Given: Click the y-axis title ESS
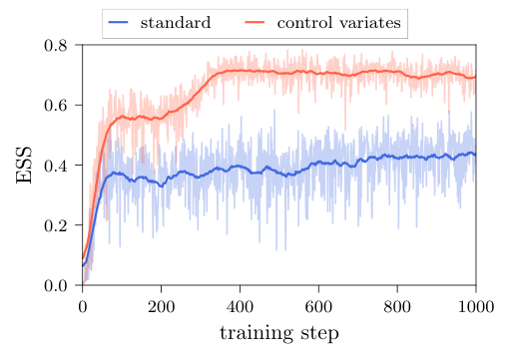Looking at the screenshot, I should click(x=26, y=166).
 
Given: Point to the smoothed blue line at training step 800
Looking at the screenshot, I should click(x=397, y=158).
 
